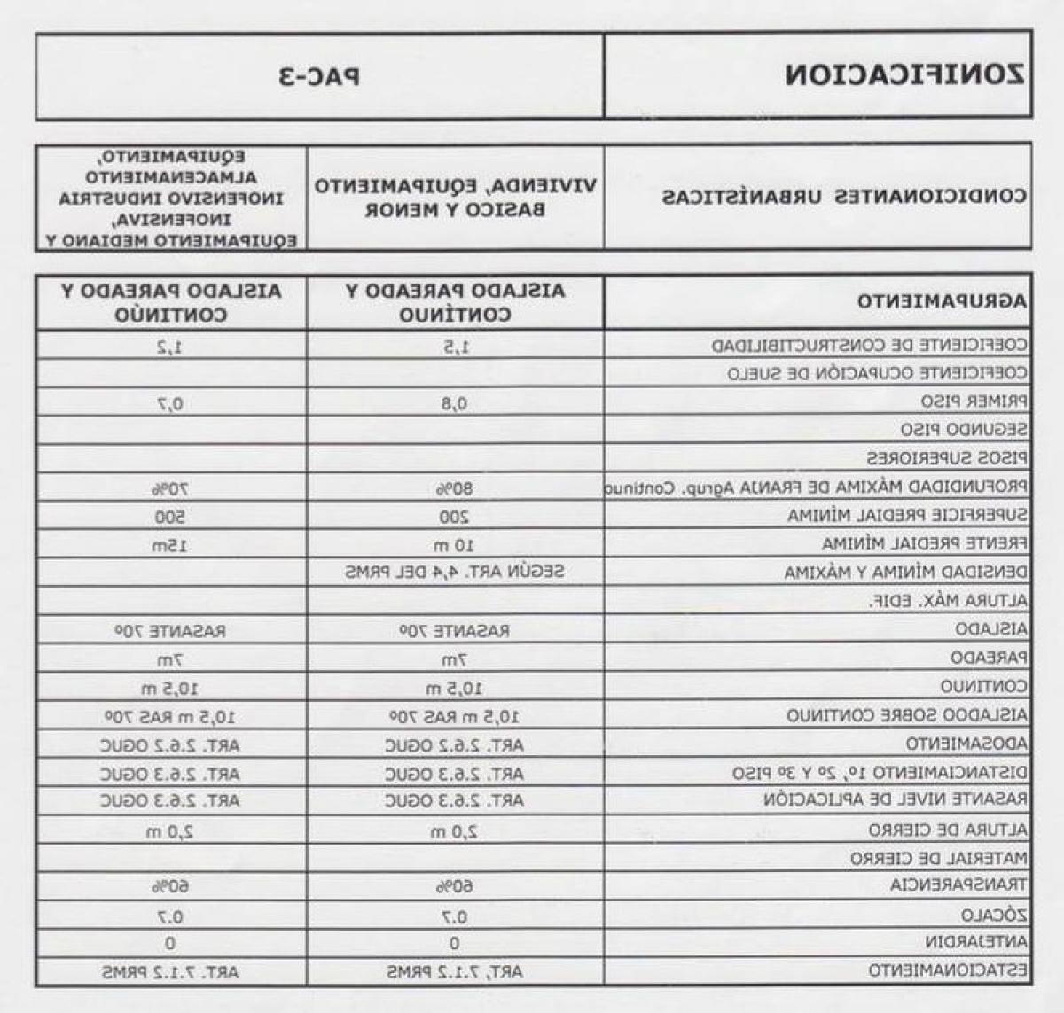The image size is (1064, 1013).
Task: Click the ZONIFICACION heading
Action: click(904, 74)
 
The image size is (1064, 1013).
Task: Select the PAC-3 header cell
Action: click(320, 76)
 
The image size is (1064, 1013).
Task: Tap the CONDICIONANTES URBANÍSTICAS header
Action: click(844, 196)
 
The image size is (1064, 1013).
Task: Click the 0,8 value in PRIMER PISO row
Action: click(455, 404)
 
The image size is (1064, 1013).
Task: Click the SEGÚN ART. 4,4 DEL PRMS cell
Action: click(455, 572)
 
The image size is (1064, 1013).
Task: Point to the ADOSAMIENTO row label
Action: click(966, 744)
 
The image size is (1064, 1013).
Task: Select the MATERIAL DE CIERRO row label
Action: click(939, 858)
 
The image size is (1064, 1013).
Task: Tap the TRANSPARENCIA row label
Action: click(958, 885)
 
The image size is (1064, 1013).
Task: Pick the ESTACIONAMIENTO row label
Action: click(948, 970)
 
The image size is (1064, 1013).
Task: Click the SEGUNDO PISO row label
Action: click(964, 430)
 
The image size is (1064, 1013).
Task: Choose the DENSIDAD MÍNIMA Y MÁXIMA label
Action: click(905, 573)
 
